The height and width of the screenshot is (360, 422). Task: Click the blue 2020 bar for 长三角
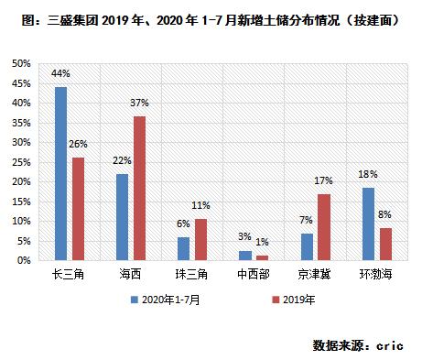60,174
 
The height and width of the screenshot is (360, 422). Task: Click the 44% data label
60,72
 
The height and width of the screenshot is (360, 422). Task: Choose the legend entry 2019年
295,299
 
